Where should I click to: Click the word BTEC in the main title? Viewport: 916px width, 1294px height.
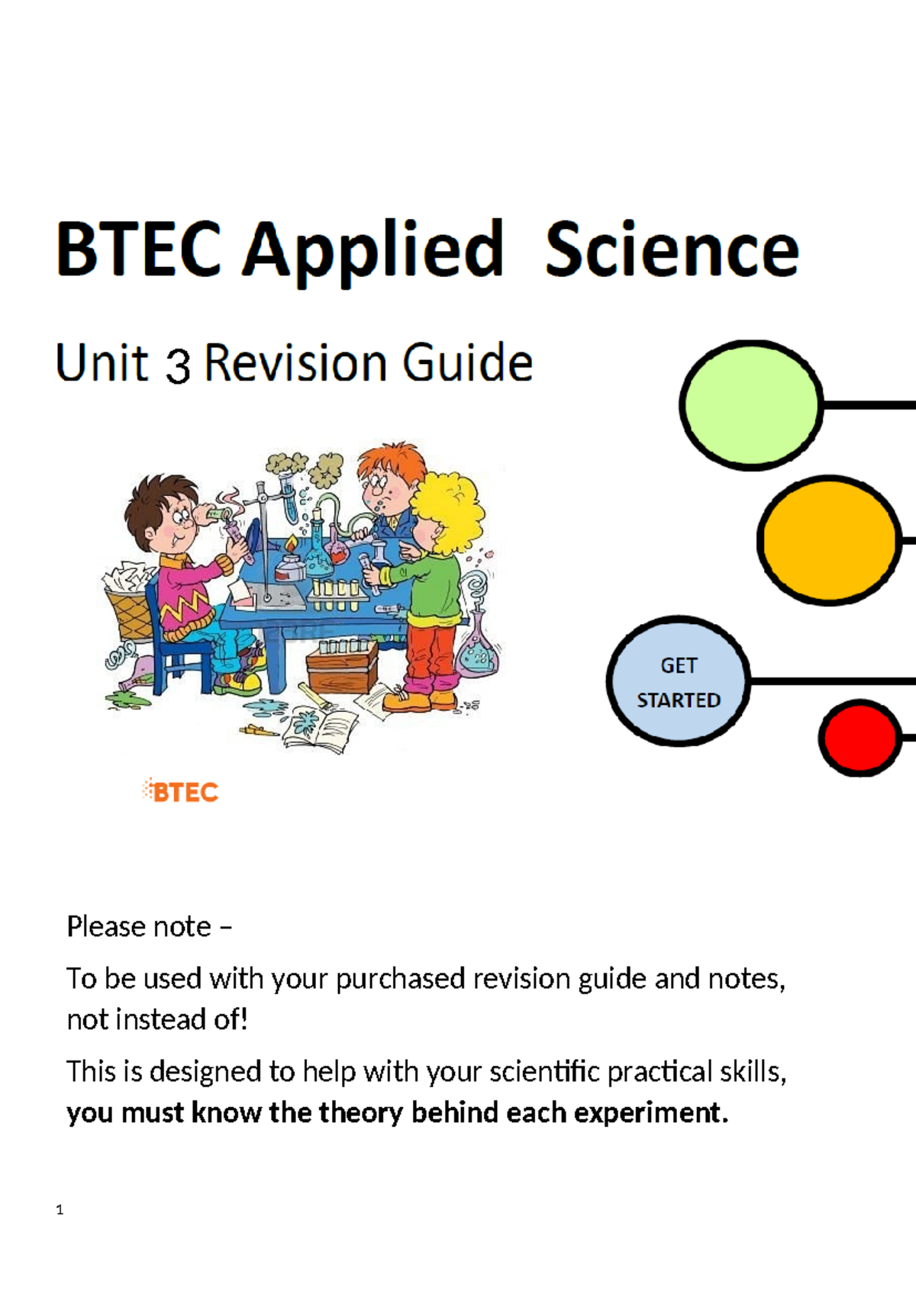click(139, 249)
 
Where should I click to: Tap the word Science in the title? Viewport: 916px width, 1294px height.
click(672, 250)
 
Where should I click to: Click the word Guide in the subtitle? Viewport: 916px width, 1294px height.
click(467, 362)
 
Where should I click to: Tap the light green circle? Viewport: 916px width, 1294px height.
click(750, 404)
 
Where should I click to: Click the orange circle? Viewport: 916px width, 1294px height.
click(828, 539)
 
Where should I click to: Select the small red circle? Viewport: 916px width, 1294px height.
click(860, 738)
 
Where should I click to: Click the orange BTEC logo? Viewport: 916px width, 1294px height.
click(181, 791)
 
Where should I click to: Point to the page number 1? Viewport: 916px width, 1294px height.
click(60, 1209)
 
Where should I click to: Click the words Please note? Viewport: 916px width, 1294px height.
click(139, 926)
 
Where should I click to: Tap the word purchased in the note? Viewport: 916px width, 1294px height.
click(401, 978)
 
